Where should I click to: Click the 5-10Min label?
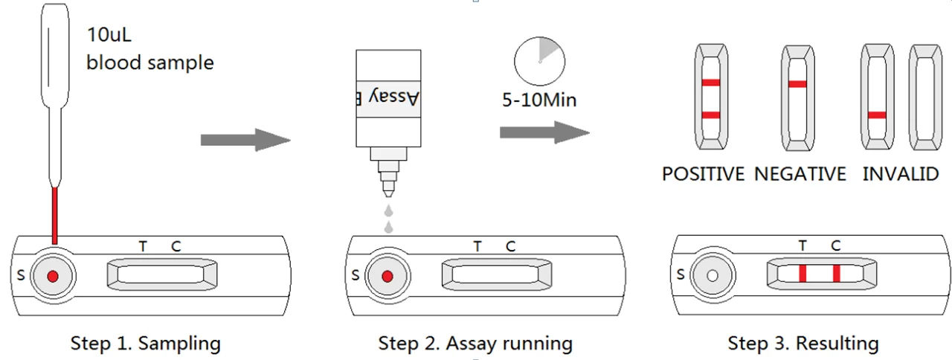539,99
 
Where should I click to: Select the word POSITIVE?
703,174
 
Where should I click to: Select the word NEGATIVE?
800,174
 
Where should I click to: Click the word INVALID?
901,174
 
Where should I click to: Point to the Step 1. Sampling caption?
146,344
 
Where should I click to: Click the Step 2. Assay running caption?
475,344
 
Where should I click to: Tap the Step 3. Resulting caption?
803,344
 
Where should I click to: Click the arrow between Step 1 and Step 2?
245,140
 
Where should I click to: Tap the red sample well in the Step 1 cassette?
52,277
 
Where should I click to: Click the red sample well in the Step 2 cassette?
387,277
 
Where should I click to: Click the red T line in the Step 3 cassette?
803,273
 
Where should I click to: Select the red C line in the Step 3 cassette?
836,273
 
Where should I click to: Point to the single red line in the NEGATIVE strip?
797,84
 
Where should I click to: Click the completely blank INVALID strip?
924,97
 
